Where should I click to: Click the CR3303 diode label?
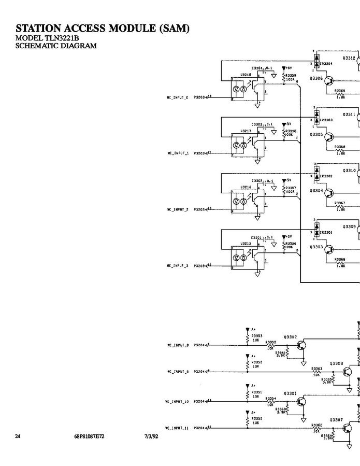326,120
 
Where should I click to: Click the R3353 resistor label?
257,335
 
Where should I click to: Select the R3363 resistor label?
317,369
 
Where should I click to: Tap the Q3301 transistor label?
290,393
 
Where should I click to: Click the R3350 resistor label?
257,418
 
